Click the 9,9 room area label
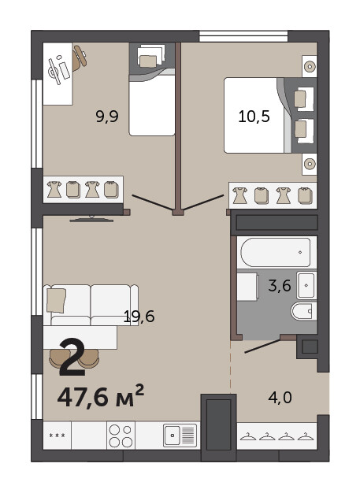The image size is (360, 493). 107,117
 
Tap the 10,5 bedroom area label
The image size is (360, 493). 254,117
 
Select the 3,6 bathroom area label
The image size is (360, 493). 280,286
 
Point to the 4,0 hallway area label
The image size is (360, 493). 280,398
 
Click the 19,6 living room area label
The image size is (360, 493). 139,317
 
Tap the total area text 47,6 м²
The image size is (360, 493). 101,396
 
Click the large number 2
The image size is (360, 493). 72,357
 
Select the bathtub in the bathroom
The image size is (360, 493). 276,253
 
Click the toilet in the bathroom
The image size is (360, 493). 304,311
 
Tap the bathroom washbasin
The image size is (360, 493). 306,286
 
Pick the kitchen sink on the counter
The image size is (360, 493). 180,436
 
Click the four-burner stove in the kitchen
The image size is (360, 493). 121,436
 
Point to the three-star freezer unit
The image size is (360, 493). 58,436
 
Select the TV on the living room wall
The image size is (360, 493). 91,219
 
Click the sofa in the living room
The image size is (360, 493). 91,305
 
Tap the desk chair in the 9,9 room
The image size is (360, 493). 79,57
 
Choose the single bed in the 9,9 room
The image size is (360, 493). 152,89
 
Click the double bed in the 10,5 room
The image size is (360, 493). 270,116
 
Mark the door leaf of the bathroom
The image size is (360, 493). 262,346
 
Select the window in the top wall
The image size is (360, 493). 243,36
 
